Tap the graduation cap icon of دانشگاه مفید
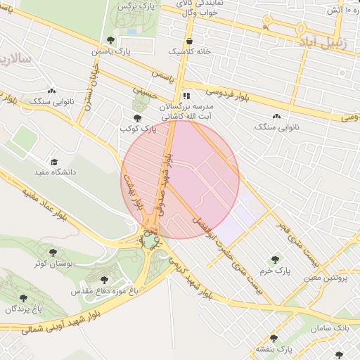click(x=55, y=161)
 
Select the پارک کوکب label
click(x=136, y=129)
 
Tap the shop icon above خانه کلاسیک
click(x=190, y=41)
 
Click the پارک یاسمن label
click(x=111, y=51)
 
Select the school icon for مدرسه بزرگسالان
click(x=186, y=96)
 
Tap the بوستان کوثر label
click(x=50, y=263)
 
